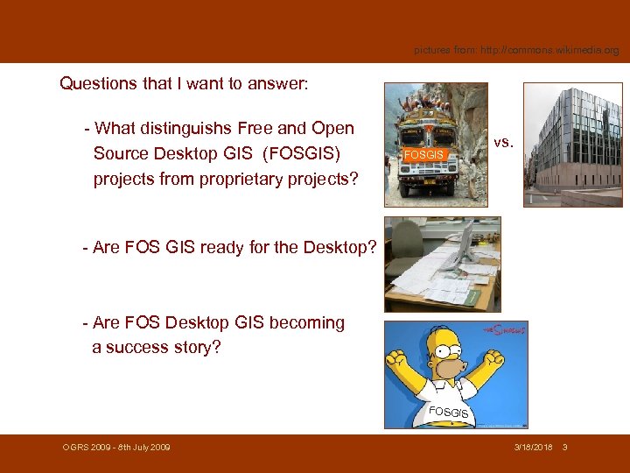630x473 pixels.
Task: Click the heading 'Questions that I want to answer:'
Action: [183, 84]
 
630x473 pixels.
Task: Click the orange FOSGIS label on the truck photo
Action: [423, 154]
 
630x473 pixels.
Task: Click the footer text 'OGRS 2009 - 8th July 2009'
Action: [116, 448]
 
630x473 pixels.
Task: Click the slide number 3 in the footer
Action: [565, 448]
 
